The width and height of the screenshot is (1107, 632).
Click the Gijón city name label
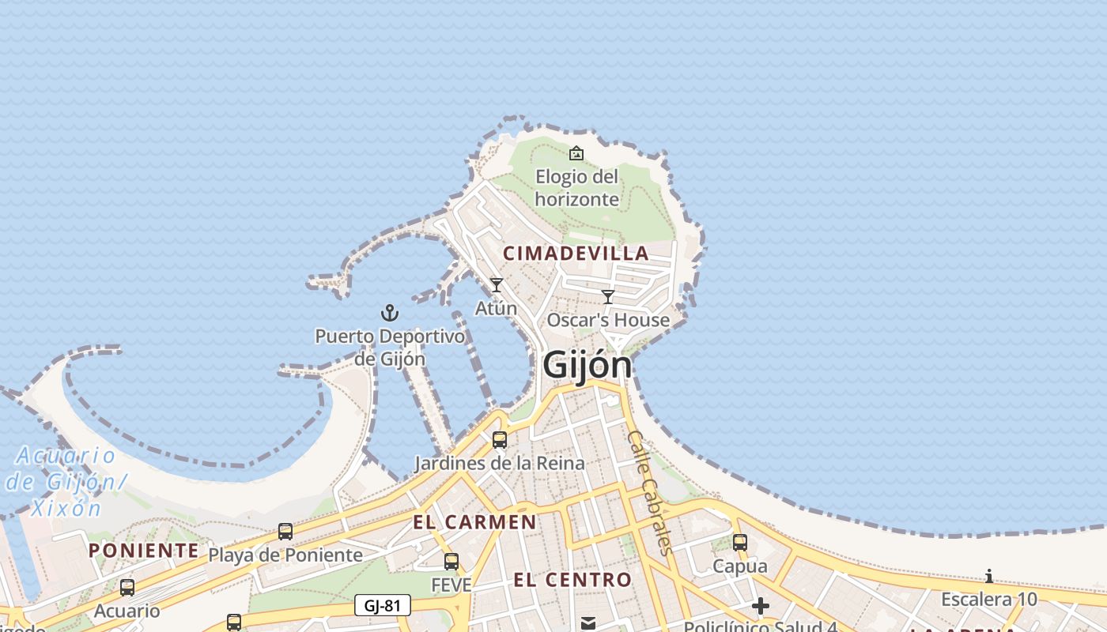pyautogui.click(x=588, y=365)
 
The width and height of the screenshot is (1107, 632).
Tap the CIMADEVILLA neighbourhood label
pyautogui.click(x=576, y=254)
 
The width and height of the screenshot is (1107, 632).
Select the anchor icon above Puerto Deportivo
pyautogui.click(x=389, y=314)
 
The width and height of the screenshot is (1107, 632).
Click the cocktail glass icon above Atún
pyautogui.click(x=496, y=285)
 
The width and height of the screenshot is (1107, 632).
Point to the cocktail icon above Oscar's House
pyautogui.click(x=607, y=297)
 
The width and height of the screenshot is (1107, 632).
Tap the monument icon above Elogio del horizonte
pyautogui.click(x=576, y=153)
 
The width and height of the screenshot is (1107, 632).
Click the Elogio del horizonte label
pyautogui.click(x=576, y=187)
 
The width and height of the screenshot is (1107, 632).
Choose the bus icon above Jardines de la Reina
pyautogui.click(x=500, y=440)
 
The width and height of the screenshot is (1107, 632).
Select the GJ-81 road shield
pyautogui.click(x=383, y=606)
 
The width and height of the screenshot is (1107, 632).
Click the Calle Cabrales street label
pyautogui.click(x=649, y=493)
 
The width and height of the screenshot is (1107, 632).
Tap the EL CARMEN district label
pyautogui.click(x=474, y=522)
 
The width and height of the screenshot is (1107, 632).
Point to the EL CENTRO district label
pyautogui.click(x=572, y=581)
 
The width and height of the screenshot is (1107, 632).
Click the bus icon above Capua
pyautogui.click(x=740, y=543)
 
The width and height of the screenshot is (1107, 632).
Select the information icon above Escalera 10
pyautogui.click(x=988, y=576)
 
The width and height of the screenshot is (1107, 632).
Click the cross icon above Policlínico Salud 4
pyautogui.click(x=761, y=606)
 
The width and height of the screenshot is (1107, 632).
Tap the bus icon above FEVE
pyautogui.click(x=451, y=562)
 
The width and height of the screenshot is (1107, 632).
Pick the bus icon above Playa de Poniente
pyautogui.click(x=285, y=532)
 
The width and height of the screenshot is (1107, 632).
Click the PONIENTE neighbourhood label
pyautogui.click(x=143, y=551)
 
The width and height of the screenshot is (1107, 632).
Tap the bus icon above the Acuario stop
pyautogui.click(x=127, y=588)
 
